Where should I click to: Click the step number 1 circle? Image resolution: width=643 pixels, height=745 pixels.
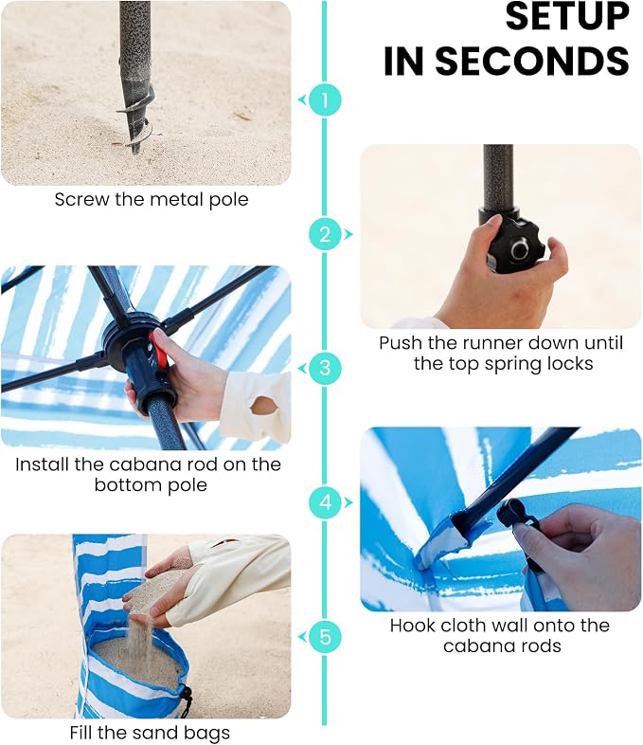click(325, 100)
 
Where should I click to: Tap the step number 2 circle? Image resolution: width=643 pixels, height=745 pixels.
click(325, 234)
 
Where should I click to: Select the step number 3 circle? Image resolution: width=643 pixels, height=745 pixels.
click(325, 368)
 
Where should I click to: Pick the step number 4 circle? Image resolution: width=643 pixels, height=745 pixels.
click(325, 502)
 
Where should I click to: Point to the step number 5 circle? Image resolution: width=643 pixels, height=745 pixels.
click(325, 637)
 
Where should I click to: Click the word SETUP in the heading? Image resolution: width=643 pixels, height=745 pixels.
click(567, 17)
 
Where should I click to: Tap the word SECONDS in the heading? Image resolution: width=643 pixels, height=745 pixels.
click(532, 61)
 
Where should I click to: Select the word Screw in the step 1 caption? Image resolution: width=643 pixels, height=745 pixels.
click(82, 200)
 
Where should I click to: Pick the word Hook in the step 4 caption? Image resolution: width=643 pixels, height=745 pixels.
click(412, 626)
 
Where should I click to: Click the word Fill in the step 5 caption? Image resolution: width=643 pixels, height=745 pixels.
click(83, 732)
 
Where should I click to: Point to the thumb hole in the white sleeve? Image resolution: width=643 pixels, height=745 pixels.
click(263, 407)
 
